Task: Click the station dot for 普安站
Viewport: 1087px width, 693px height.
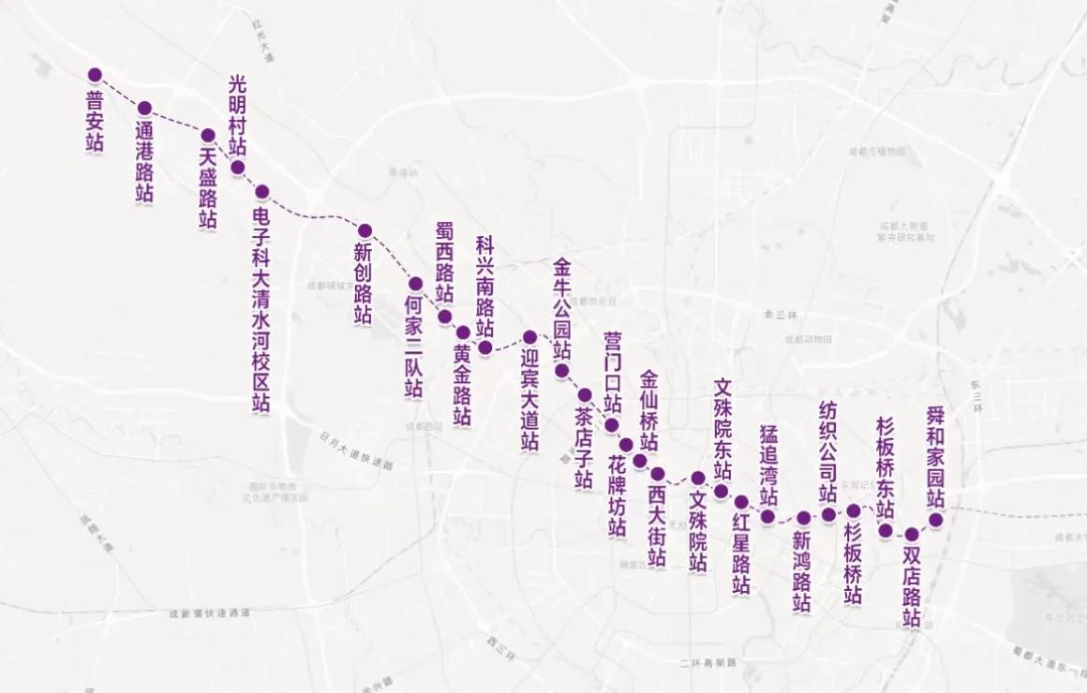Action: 95,74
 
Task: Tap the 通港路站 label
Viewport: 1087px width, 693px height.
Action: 144,161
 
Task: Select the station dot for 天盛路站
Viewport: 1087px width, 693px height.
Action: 209,135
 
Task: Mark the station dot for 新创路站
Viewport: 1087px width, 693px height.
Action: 365,230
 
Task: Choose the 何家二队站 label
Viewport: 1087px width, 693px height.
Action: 414,346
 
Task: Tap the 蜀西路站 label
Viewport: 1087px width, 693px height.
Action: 445,262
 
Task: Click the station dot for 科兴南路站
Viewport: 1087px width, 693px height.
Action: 485,347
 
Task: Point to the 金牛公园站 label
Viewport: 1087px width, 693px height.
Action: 562,309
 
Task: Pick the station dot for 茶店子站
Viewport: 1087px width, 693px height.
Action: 585,395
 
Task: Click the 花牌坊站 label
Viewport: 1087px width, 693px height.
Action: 617,496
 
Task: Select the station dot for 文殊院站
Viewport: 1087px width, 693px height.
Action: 698,479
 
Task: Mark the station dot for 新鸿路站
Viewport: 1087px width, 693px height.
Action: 804,518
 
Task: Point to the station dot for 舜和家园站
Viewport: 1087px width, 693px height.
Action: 935,520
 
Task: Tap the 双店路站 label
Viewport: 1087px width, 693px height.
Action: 912,586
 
